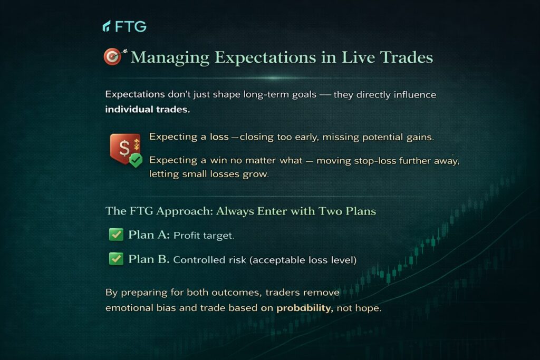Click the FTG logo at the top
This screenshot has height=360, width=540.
click(124, 26)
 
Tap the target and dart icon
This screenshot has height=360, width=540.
click(115, 56)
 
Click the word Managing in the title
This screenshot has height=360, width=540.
click(170, 57)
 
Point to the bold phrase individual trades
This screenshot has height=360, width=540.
click(148, 110)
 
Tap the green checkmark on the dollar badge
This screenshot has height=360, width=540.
click(136, 160)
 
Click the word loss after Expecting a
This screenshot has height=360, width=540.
click(219, 137)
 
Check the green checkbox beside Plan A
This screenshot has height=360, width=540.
click(116, 235)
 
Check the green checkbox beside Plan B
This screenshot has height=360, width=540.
click(116, 258)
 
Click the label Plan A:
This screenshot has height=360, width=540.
click(149, 235)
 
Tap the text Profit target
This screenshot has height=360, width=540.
click(204, 236)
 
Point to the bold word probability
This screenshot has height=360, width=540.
click(305, 308)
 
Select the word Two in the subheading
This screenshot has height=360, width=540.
click(330, 211)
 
